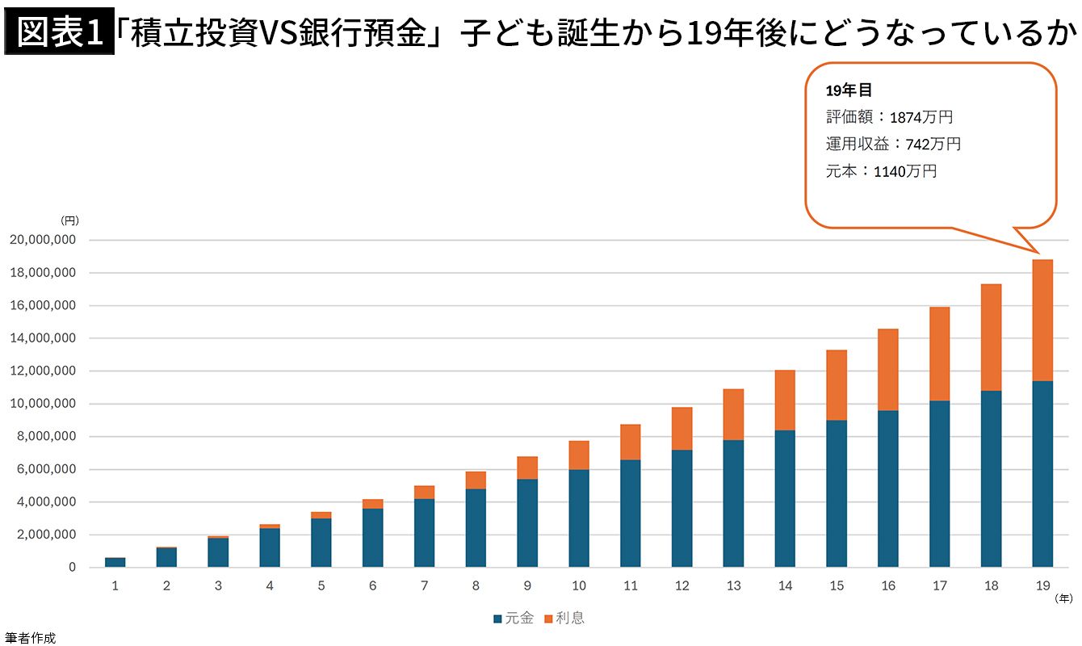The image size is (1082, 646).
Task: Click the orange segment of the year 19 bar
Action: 1042,320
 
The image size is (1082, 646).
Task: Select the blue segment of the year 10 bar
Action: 579,518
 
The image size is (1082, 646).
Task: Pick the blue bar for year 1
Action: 115,562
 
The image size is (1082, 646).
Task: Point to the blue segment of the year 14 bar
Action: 785,498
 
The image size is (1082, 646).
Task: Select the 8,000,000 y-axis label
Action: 47,437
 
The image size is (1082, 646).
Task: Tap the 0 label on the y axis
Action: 72,568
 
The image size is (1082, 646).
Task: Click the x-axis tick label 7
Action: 424,585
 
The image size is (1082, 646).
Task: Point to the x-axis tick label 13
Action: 733,585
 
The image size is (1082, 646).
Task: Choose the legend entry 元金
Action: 514,619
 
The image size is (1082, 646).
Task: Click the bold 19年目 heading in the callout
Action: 849,90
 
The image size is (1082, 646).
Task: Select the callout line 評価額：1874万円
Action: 889,117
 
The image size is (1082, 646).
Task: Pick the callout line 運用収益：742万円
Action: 893,145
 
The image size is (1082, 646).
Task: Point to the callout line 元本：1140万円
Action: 881,171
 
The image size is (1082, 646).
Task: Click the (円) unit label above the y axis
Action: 69,220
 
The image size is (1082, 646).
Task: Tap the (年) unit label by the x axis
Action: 1064,598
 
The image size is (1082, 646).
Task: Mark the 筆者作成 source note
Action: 30,638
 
